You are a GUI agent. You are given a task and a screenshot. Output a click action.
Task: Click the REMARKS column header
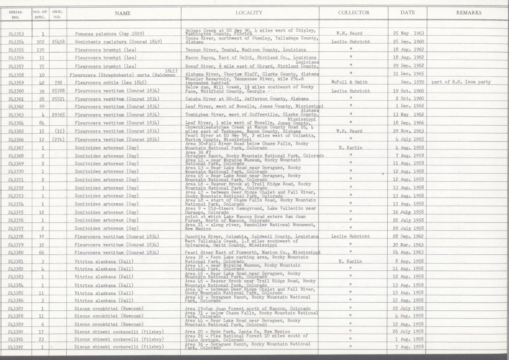click(469, 13)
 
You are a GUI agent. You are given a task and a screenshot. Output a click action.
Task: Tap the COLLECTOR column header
click(354, 13)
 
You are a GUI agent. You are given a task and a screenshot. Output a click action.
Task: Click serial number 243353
click(15, 34)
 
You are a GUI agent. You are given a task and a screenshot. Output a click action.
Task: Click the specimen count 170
click(41, 50)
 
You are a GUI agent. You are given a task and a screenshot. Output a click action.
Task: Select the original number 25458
click(58, 42)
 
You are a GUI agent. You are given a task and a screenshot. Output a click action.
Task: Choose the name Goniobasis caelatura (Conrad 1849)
click(117, 42)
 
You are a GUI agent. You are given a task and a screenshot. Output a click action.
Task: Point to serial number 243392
click(15, 347)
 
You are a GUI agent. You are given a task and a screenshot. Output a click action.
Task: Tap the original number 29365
click(58, 115)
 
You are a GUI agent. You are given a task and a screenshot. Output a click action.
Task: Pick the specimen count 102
click(41, 42)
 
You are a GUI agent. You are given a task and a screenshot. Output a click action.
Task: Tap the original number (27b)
click(58, 140)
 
